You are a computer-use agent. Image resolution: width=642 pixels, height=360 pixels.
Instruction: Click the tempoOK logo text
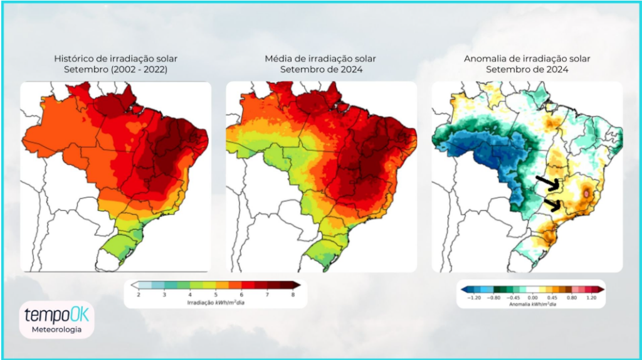(x=56, y=314)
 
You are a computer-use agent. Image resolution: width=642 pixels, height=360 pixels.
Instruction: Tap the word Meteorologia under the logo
(x=56, y=329)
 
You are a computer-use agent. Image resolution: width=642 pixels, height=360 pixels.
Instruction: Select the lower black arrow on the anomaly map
(x=553, y=204)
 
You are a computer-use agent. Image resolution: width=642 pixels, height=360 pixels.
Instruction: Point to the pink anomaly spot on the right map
(x=586, y=196)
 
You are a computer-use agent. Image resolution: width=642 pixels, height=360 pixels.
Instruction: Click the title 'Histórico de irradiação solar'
(x=115, y=59)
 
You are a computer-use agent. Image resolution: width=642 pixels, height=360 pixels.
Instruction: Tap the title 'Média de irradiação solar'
(x=320, y=59)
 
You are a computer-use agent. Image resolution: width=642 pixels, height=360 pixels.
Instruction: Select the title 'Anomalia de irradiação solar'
(x=527, y=59)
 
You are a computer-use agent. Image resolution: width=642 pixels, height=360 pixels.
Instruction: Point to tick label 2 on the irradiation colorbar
(x=138, y=294)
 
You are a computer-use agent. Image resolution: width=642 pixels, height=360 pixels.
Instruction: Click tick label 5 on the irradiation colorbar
(x=216, y=294)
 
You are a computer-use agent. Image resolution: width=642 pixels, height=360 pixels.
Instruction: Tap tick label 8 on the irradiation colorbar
(x=294, y=294)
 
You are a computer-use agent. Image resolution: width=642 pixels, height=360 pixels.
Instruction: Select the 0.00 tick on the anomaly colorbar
(x=532, y=297)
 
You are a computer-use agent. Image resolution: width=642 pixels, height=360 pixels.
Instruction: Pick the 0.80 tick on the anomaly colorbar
(x=571, y=297)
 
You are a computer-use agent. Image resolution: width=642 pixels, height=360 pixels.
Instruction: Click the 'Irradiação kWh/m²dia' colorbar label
(x=216, y=302)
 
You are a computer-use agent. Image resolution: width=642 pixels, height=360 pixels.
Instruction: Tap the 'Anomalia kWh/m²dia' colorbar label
(x=532, y=304)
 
